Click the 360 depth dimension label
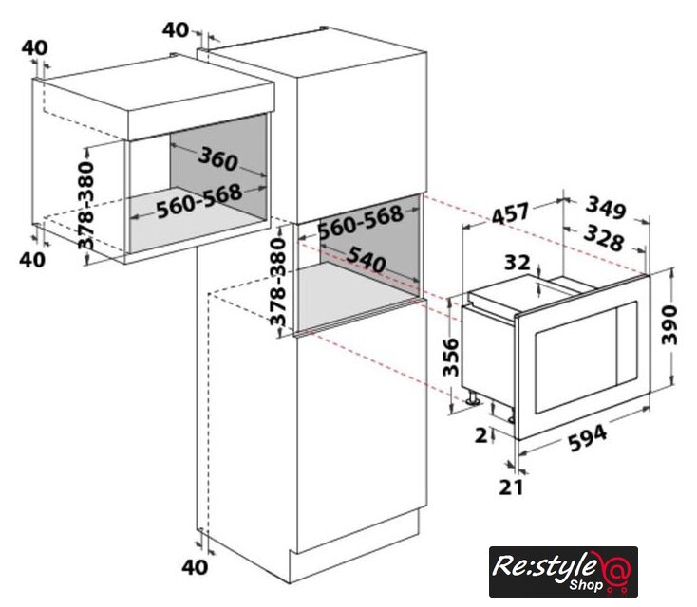217,158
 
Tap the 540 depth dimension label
366,259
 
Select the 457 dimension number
511,213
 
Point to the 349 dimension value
607,208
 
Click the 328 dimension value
604,237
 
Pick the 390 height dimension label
669,324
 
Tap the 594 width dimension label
587,437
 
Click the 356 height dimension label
450,357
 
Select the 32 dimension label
517,263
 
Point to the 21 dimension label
511,487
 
